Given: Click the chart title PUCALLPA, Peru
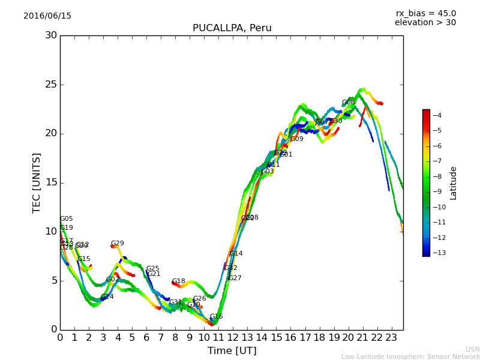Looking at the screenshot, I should click(x=232, y=28).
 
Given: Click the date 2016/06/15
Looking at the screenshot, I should click(x=47, y=16).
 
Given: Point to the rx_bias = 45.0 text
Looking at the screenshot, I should click(x=425, y=14).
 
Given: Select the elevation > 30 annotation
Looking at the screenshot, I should click(x=425, y=23).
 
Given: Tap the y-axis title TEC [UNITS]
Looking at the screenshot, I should click(x=37, y=182).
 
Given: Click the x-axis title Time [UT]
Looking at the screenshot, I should click(x=232, y=351).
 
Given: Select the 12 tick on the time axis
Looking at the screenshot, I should click(x=233, y=337).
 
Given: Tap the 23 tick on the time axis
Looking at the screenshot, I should click(x=391, y=337).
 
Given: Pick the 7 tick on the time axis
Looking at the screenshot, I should click(x=161, y=337).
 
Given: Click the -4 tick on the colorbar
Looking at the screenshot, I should click(x=436, y=115).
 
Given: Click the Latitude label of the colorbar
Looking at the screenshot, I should click(x=454, y=182).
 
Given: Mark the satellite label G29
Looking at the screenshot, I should click(x=117, y=244).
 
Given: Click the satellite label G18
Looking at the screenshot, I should click(x=178, y=281).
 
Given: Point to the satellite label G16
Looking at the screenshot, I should click(x=216, y=317).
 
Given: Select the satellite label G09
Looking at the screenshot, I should click(x=296, y=139).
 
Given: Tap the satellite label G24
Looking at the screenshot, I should click(x=107, y=297).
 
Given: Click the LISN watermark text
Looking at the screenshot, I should click(x=472, y=349).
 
